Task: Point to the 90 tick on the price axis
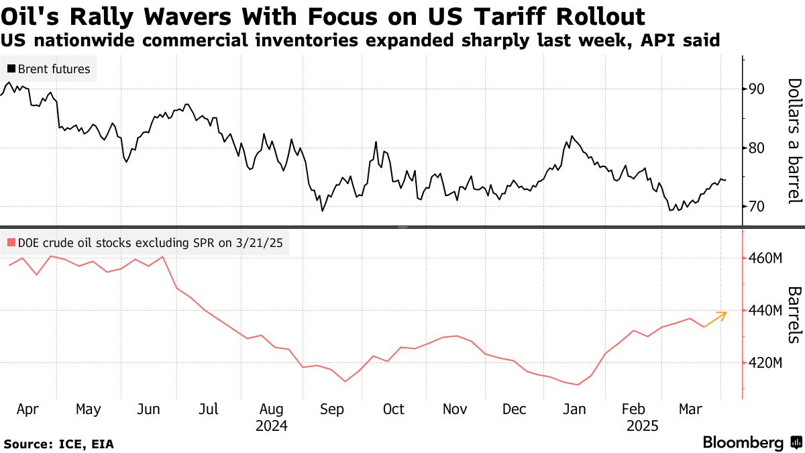click(758, 89)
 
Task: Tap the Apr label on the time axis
click(27, 409)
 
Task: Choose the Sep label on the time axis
click(333, 409)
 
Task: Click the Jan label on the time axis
click(577, 409)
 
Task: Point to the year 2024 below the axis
click(271, 426)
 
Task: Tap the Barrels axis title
click(794, 315)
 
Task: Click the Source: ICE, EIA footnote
click(59, 444)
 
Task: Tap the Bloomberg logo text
click(743, 443)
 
